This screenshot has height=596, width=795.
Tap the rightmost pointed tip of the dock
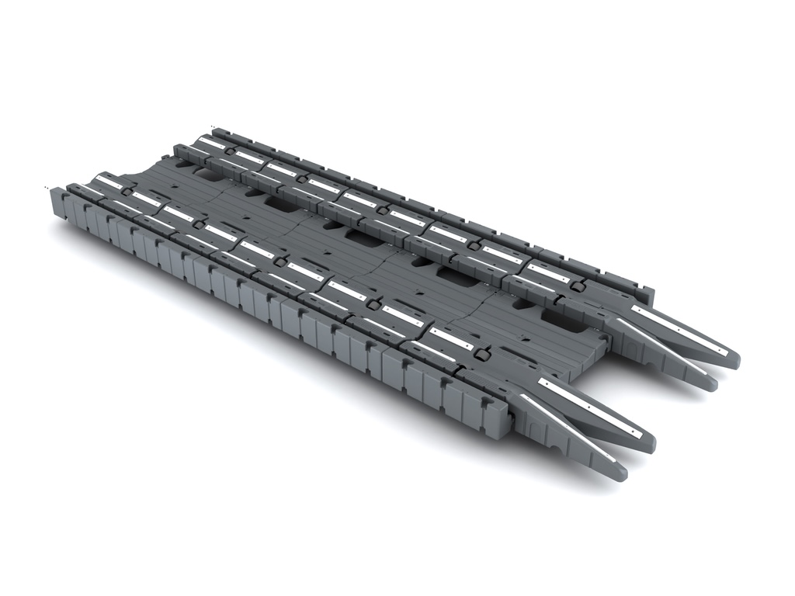[x=733, y=359]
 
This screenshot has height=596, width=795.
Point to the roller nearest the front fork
[x=481, y=355]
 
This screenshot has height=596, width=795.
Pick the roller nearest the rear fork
[x=577, y=286]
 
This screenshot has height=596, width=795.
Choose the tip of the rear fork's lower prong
[x=710, y=383]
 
